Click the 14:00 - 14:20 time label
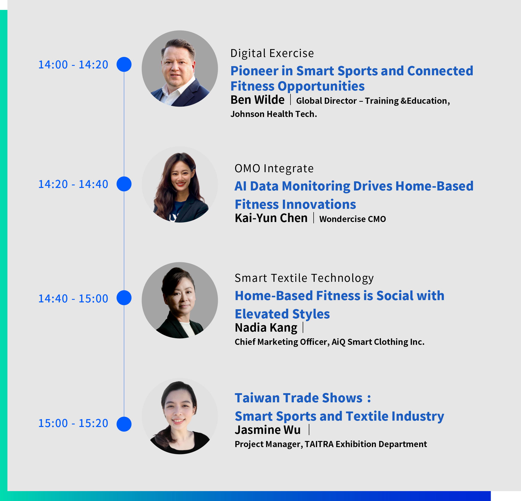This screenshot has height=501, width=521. (73, 65)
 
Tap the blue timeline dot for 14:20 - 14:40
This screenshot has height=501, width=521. (124, 184)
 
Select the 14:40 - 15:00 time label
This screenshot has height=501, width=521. (73, 299)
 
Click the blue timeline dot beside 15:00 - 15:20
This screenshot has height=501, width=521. (124, 424)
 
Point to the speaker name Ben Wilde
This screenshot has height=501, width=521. (257, 100)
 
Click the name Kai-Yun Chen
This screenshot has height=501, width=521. (271, 218)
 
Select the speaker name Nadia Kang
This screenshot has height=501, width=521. (266, 328)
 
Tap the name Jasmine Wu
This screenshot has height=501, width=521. (267, 430)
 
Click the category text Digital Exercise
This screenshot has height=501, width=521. (272, 53)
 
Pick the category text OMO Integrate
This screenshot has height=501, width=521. (274, 169)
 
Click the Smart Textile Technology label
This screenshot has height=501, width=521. (304, 278)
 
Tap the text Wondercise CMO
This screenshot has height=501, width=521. (353, 219)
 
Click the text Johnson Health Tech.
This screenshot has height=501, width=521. (273, 114)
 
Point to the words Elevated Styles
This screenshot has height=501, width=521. (282, 314)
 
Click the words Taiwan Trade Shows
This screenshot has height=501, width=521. (299, 398)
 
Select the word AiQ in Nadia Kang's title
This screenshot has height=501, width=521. (338, 342)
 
